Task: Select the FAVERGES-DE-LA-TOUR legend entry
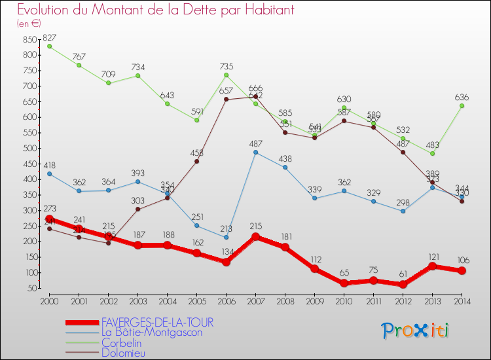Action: click(157, 323)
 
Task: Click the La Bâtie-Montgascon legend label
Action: click(152, 333)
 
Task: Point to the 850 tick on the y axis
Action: click(30, 39)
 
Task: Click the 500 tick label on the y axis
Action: click(30, 148)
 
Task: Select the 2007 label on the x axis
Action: click(256, 302)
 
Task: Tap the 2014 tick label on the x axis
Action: click(462, 302)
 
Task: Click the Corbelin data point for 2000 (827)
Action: click(50, 46)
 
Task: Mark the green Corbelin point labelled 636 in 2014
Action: click(462, 105)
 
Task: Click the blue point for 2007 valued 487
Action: click(256, 152)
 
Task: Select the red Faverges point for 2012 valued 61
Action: click(403, 284)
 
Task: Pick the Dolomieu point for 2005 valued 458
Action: click(197, 161)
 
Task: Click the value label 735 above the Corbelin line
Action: click(227, 66)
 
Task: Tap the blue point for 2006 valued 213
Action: click(227, 237)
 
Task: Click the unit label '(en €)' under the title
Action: click(29, 23)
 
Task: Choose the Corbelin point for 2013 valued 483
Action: click(432, 153)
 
